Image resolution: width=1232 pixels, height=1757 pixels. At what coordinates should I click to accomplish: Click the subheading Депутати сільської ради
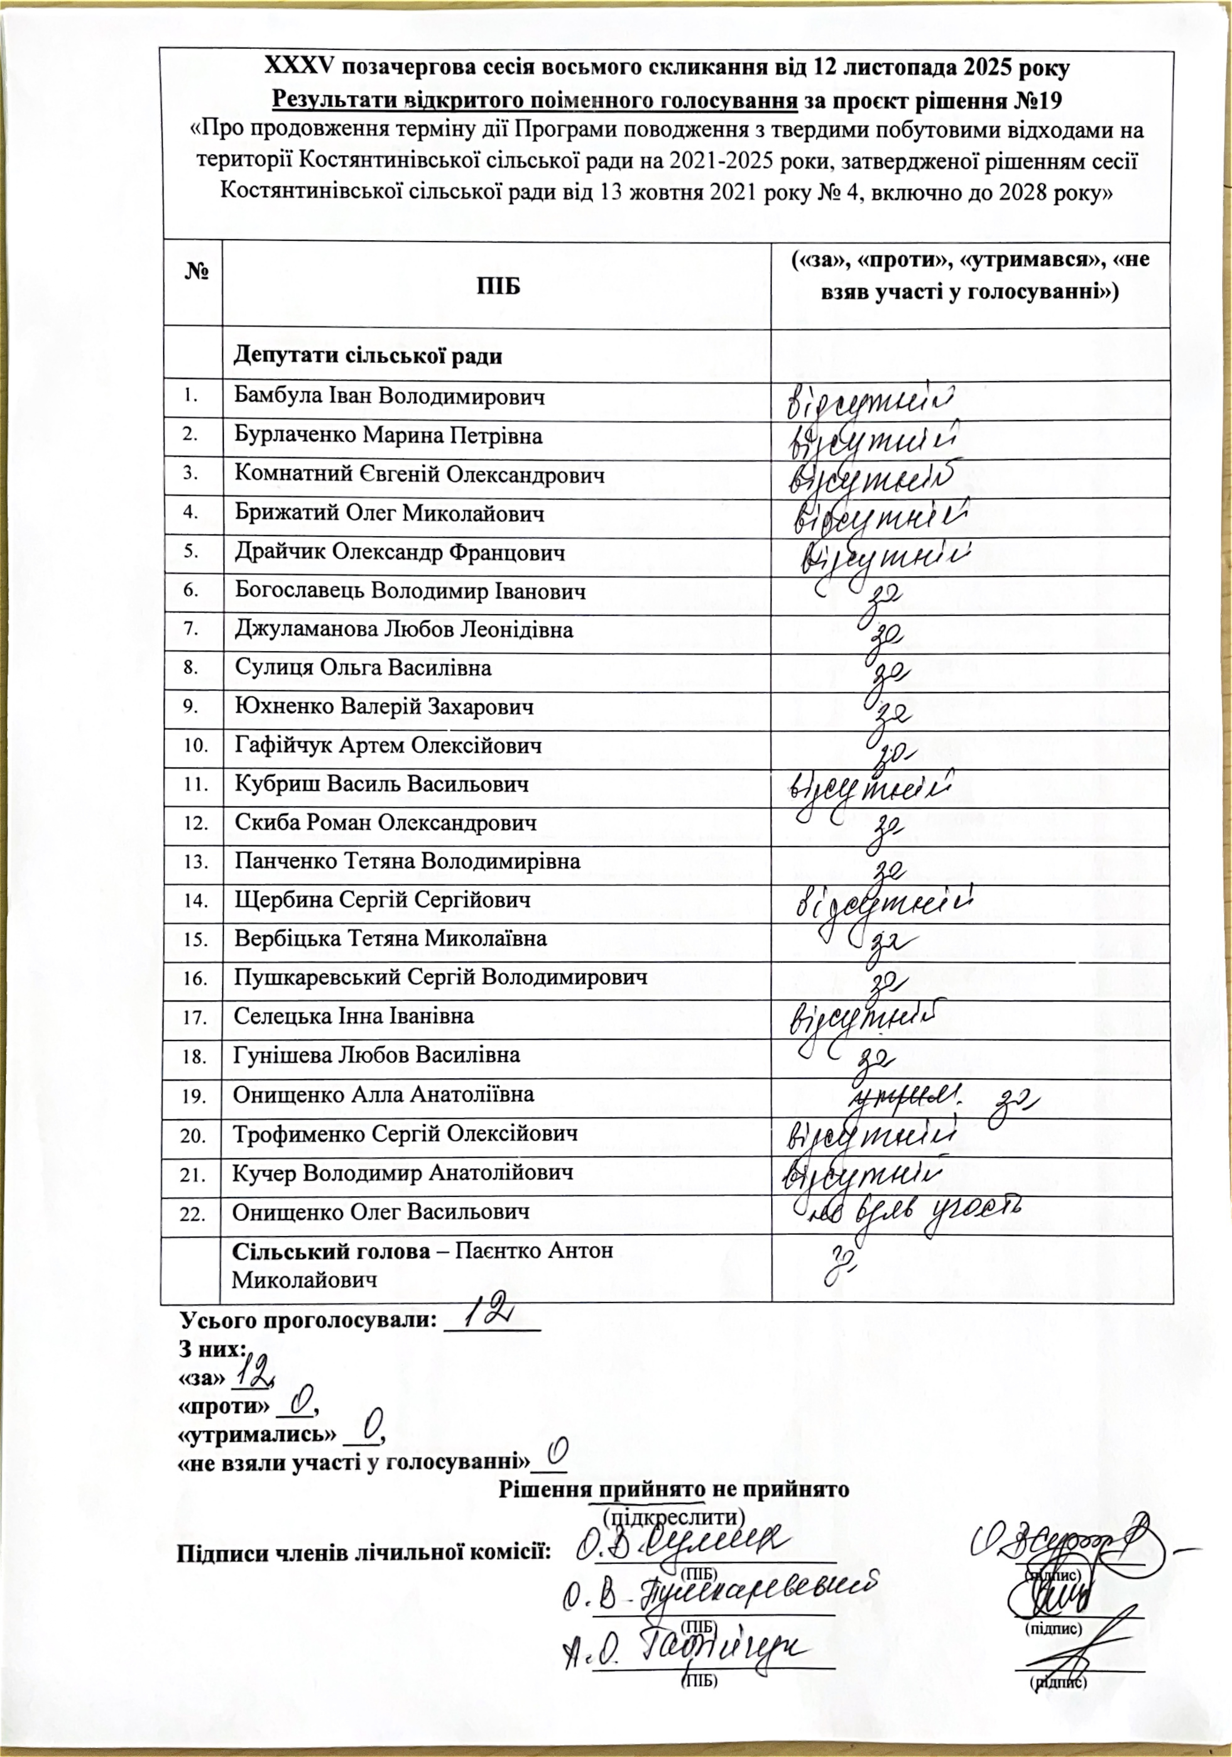click(368, 356)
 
